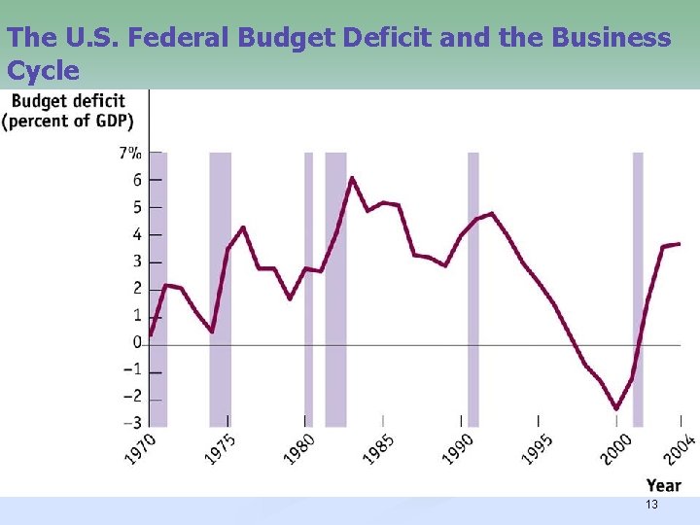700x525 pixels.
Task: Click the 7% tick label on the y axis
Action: pos(130,153)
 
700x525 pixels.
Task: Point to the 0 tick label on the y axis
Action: pos(137,342)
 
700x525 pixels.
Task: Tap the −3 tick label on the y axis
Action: pos(130,423)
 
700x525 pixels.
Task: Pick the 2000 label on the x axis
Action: pos(615,449)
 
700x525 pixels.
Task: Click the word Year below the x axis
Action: pos(663,485)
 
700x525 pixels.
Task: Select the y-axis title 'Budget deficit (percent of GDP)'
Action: pos(68,111)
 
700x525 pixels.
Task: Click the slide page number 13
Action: pos(651,505)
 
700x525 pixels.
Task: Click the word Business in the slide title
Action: pos(610,38)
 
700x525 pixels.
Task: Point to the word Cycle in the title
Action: pos(43,71)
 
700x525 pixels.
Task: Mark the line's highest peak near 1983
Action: pos(352,178)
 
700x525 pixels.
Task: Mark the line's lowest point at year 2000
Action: pos(616,409)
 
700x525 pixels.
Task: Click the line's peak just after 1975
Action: pos(243,227)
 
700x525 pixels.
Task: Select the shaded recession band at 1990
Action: pos(473,289)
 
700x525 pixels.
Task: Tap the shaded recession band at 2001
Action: pos(638,289)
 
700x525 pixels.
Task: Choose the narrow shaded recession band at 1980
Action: pos(308,289)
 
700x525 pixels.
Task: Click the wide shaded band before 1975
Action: pos(221,289)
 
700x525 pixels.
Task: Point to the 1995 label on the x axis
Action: pos(536,449)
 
